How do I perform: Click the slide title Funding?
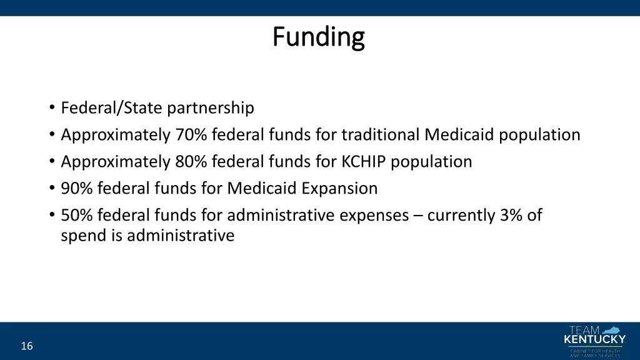pyautogui.click(x=319, y=37)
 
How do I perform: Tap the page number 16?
pyautogui.click(x=27, y=346)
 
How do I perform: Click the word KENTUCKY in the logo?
pyautogui.click(x=594, y=340)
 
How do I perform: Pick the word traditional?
pyautogui.click(x=381, y=135)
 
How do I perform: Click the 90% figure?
pyautogui.click(x=77, y=189)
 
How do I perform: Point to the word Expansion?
pyautogui.click(x=341, y=189)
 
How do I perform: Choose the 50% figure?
pyautogui.click(x=77, y=216)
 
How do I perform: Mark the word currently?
pyautogui.click(x=461, y=216)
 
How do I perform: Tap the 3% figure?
pyautogui.click(x=512, y=216)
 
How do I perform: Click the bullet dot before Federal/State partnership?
pyautogui.click(x=51, y=109)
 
